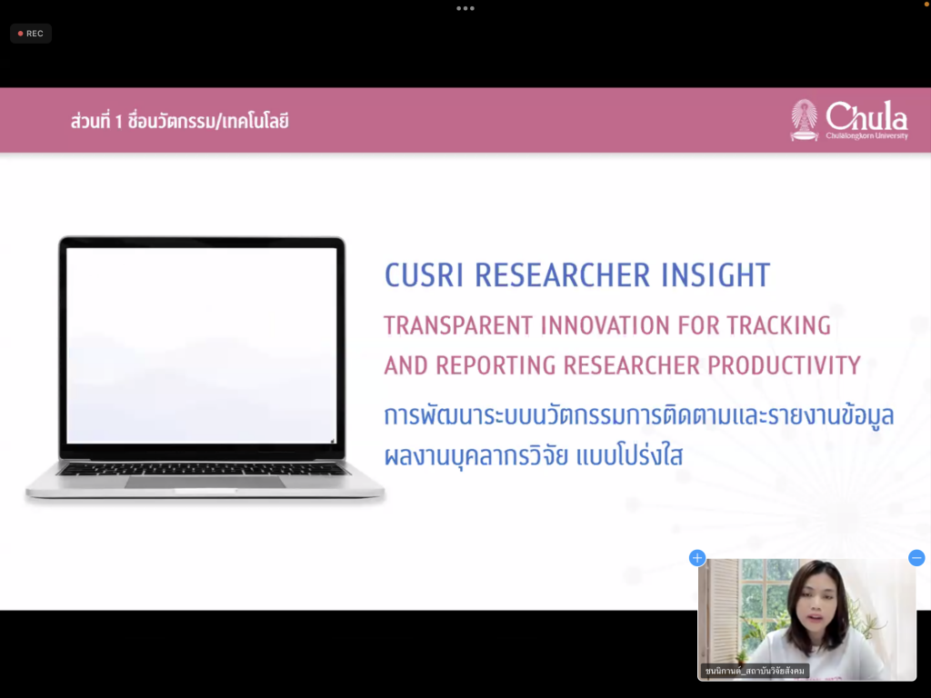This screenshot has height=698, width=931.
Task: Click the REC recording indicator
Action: pos(31,34)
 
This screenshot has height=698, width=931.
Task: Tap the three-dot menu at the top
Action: pos(465,8)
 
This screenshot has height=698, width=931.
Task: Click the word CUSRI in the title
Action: pos(424,275)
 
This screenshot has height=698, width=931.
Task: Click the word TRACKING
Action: pos(778,325)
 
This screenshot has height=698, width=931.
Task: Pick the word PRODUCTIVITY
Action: pos(784,365)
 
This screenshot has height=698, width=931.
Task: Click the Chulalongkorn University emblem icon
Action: pos(804,120)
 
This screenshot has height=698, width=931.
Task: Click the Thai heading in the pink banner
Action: pos(179,121)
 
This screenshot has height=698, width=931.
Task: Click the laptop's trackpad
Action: pos(205,482)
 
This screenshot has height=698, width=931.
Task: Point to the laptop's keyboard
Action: pos(203,470)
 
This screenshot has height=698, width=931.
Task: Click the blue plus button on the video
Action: pos(697,558)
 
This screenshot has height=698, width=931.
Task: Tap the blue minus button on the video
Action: pos(916,558)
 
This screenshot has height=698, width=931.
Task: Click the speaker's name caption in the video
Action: pos(755,671)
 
